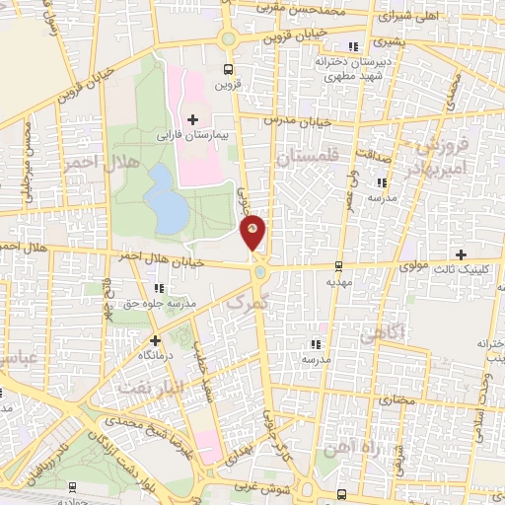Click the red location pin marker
tap(253, 232)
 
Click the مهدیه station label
tap(340, 281)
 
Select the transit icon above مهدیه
tap(338, 265)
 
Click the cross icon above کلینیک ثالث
tap(461, 255)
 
